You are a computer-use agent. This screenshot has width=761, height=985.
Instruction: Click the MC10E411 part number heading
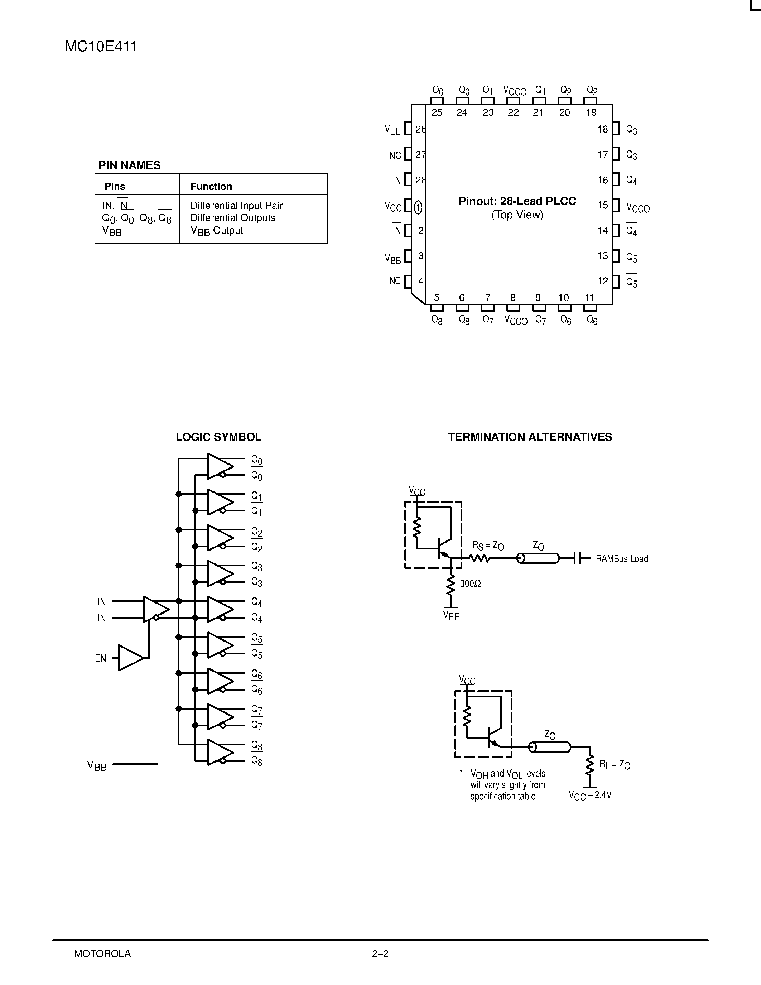101,47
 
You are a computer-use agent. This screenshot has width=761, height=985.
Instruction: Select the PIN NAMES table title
129,165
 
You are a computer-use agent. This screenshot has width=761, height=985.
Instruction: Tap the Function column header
211,186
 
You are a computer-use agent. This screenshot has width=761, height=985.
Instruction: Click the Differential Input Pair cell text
236,205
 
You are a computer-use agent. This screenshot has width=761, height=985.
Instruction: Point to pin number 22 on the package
513,113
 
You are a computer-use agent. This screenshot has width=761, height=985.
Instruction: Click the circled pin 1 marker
418,207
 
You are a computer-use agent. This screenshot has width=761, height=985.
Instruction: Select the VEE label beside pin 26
392,130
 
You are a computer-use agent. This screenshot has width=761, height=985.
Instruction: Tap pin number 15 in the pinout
603,205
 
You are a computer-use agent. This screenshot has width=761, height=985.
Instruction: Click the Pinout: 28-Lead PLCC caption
517,201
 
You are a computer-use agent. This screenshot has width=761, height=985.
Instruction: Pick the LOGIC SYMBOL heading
218,437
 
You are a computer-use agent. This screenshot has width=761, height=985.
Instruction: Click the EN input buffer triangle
130,658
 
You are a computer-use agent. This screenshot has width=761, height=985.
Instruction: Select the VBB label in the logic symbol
97,765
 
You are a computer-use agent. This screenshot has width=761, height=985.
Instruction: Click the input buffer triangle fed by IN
155,609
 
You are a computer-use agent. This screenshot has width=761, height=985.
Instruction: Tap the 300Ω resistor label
470,583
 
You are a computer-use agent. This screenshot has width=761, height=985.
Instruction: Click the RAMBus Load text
621,559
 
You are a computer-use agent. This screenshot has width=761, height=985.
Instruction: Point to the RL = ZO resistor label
614,764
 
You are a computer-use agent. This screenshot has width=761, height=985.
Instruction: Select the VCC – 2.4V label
590,795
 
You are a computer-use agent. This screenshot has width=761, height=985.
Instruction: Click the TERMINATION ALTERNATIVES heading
530,437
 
